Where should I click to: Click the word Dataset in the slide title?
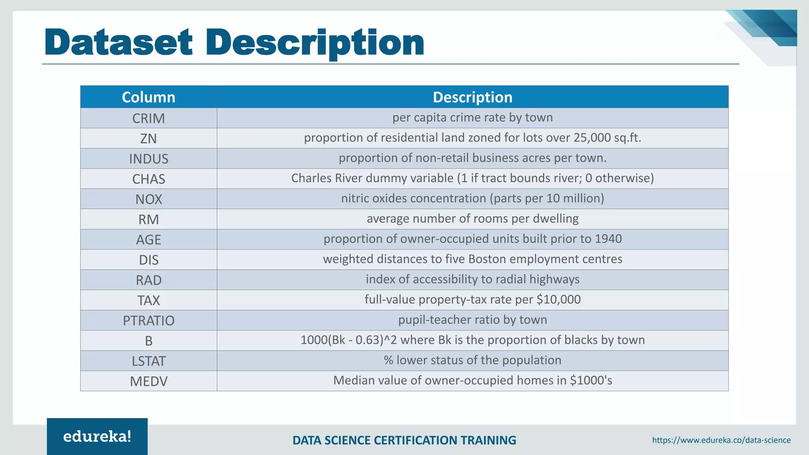pos(119,42)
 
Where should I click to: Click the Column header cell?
pos(149,97)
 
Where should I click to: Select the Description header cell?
pos(472,97)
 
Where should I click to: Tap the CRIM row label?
pos(149,118)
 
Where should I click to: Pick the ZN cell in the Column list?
pos(149,139)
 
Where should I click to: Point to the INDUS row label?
pos(149,159)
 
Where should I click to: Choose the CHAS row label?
pos(149,179)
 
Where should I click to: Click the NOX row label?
pos(149,199)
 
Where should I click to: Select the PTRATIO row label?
pos(149,320)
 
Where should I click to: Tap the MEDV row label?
pos(149,381)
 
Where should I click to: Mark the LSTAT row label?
pos(149,361)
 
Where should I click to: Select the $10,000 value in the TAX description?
pos(559,299)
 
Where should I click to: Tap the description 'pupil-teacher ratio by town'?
pos(472,320)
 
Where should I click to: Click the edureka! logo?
pos(97,436)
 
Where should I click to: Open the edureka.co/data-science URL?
pos(721,440)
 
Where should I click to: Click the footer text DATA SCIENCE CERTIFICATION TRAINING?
pos(404,440)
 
